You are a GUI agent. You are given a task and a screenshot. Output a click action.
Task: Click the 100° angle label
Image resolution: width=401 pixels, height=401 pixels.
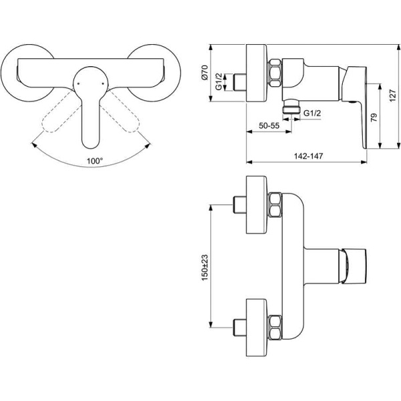pos(95,160)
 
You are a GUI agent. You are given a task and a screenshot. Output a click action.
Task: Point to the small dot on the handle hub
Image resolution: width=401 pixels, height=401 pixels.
pos(79,84)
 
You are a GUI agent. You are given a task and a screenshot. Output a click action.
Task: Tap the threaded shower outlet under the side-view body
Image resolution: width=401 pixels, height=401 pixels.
pos(289,108)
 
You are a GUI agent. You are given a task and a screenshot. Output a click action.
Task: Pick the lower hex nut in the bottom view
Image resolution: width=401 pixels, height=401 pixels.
pos(275,326)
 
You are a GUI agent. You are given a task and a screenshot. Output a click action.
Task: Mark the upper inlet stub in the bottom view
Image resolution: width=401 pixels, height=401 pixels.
pos(239,205)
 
